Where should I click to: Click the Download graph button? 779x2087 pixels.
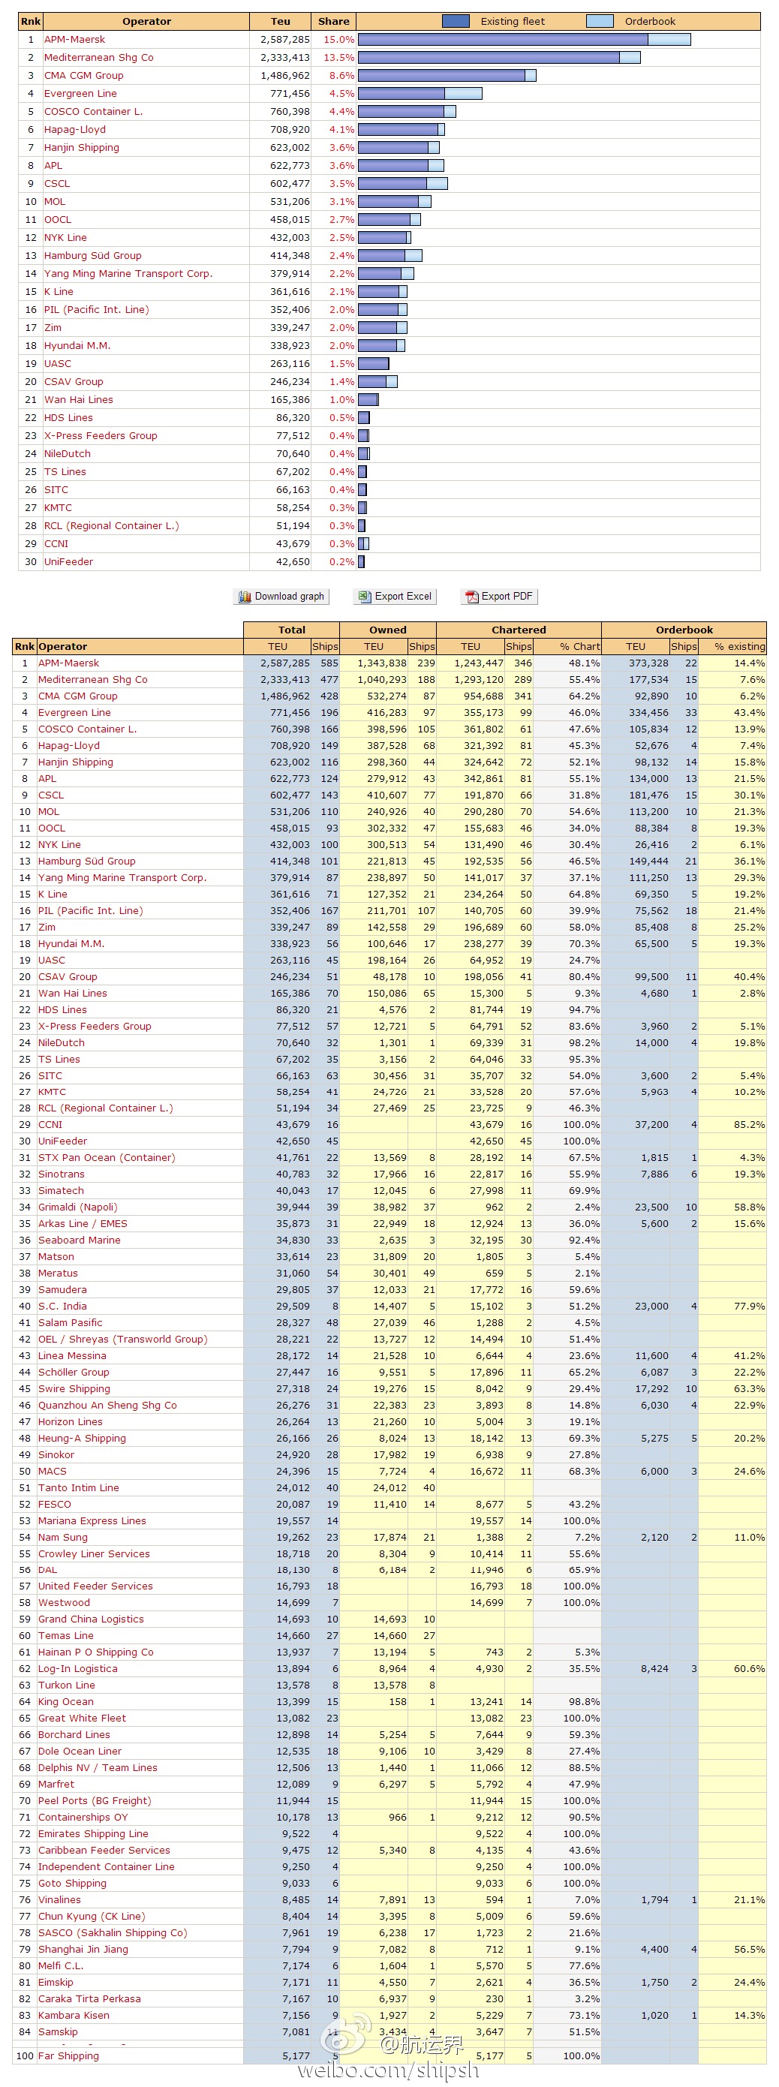[281, 597]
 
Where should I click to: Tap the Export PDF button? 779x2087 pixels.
[498, 597]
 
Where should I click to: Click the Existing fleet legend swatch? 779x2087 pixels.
[455, 21]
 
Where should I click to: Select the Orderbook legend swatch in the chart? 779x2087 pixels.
[599, 21]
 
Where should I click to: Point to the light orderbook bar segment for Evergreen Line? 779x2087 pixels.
[463, 93]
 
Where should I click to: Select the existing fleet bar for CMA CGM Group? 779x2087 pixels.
[441, 75]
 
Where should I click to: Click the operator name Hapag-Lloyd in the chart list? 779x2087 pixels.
[74, 130]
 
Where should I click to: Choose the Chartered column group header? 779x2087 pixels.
[518, 630]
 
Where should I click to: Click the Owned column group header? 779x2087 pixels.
[387, 630]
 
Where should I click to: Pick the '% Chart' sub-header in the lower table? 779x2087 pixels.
[579, 647]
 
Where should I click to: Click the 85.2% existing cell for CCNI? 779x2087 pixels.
[748, 1124]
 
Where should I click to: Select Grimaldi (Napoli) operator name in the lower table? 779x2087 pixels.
[78, 1207]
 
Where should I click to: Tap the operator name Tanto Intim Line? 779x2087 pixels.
[79, 1487]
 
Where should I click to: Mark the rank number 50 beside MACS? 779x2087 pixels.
[25, 1472]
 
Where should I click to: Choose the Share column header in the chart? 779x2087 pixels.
[333, 21]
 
